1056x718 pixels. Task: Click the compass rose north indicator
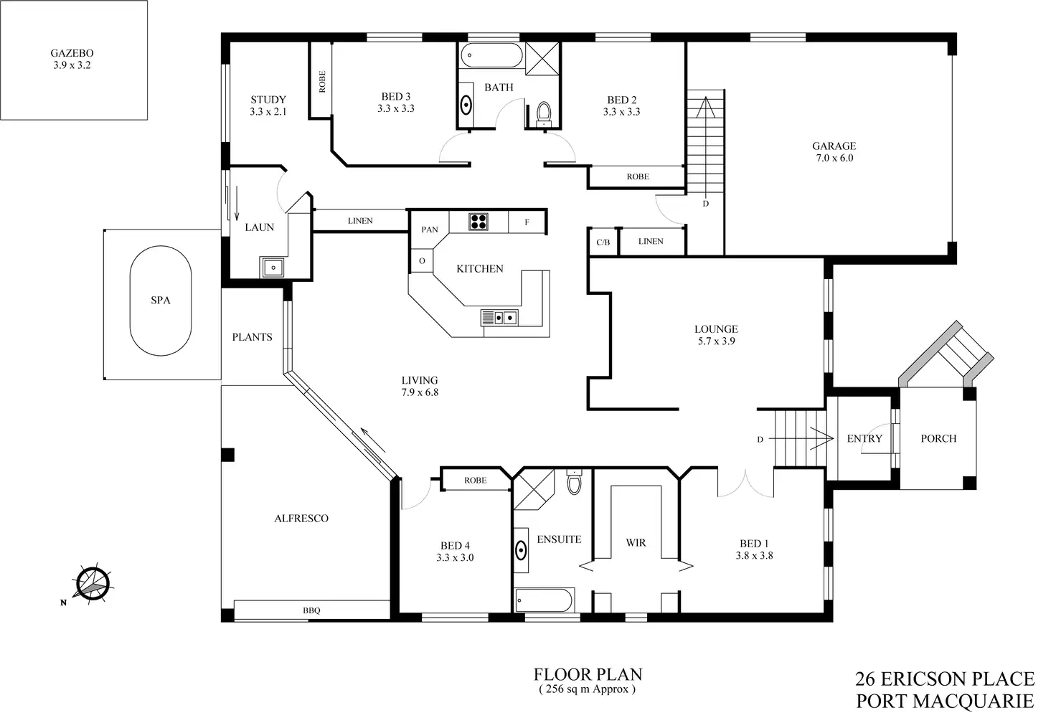pyautogui.click(x=92, y=583)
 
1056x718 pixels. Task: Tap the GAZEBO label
pyautogui.click(x=72, y=53)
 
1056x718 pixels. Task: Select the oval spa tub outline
pyautogui.click(x=161, y=301)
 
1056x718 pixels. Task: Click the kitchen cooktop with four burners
pyautogui.click(x=478, y=222)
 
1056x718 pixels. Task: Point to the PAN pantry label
pyautogui.click(x=430, y=230)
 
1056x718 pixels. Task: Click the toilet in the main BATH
pyautogui.click(x=543, y=113)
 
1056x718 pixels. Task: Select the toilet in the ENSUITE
pyautogui.click(x=574, y=483)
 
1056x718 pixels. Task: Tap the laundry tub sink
pyautogui.click(x=273, y=268)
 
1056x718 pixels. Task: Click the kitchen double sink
pyautogui.click(x=500, y=317)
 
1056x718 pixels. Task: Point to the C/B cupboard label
pyautogui.click(x=603, y=242)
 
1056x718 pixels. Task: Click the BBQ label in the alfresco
pyautogui.click(x=311, y=610)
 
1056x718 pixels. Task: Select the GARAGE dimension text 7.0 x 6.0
pyautogui.click(x=834, y=158)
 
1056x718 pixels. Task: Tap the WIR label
pyautogui.click(x=636, y=543)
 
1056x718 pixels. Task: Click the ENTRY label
pyautogui.click(x=864, y=438)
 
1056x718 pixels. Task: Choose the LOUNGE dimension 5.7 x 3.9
pyautogui.click(x=716, y=341)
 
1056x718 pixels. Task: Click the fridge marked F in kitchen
pyautogui.click(x=527, y=222)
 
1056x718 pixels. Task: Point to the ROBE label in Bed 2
pyautogui.click(x=637, y=176)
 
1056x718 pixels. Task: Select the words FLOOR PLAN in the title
pyautogui.click(x=588, y=674)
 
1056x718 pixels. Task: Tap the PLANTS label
pyautogui.click(x=252, y=337)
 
